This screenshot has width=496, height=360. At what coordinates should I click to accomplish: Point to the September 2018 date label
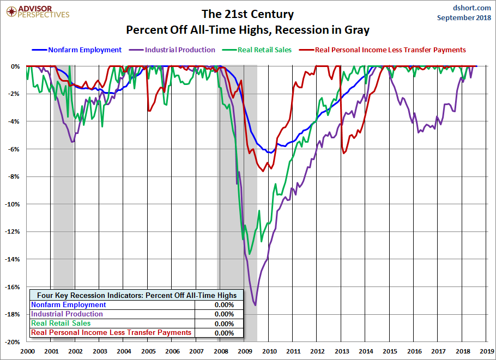click(464, 17)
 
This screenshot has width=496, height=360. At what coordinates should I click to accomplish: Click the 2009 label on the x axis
click(245, 352)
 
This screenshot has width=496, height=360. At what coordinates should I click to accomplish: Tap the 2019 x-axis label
click(487, 352)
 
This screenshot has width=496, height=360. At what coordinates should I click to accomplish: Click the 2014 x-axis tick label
click(366, 352)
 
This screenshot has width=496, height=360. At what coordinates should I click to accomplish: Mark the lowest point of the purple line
click(255, 305)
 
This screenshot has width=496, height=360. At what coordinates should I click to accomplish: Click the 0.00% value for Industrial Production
click(224, 314)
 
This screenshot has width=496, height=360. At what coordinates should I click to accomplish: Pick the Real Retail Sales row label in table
click(61, 324)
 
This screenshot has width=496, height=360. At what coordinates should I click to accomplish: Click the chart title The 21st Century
click(247, 14)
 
